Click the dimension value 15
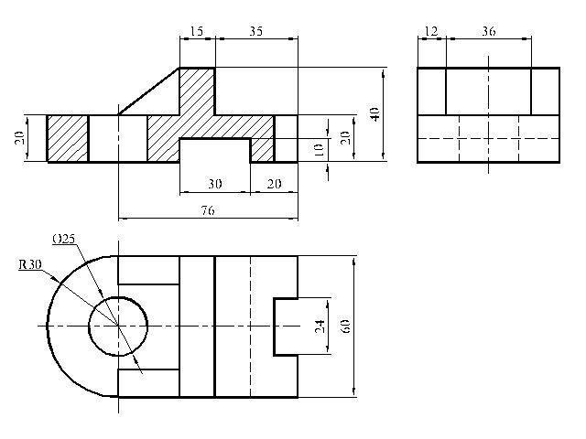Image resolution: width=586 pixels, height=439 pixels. (x=197, y=31)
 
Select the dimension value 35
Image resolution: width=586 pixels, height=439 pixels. (x=256, y=31)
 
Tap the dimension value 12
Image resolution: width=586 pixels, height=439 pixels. (x=431, y=31)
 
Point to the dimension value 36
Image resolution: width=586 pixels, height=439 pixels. (x=489, y=31)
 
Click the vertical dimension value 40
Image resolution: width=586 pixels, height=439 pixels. (x=374, y=113)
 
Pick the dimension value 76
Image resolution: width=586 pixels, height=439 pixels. (x=208, y=211)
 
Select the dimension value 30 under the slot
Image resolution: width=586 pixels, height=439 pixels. (x=215, y=184)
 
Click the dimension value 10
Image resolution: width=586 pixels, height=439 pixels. (x=319, y=150)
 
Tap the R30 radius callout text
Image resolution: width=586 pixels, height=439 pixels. (x=30, y=264)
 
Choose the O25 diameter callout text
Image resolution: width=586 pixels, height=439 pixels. (x=63, y=239)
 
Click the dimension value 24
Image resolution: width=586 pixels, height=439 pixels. (x=320, y=327)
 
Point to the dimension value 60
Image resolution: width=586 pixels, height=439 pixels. (x=345, y=327)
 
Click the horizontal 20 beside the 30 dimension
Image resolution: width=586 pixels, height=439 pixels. (x=275, y=184)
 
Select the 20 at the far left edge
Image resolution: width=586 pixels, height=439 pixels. (x=19, y=138)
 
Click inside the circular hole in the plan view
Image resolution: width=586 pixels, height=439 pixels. (x=118, y=327)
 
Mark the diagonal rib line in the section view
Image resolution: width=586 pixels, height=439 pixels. (x=148, y=91)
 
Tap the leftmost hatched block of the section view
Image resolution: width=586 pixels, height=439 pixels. (x=68, y=138)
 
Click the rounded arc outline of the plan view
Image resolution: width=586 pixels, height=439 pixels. (x=48, y=327)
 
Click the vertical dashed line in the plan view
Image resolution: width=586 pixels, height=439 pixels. (x=250, y=327)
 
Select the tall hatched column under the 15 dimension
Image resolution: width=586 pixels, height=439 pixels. (x=198, y=91)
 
